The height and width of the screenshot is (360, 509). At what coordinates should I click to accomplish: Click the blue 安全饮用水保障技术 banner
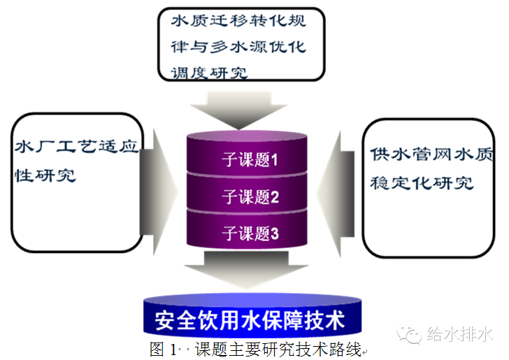(x=250, y=320)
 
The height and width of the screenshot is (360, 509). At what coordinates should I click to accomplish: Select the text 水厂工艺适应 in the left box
(x=78, y=148)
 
